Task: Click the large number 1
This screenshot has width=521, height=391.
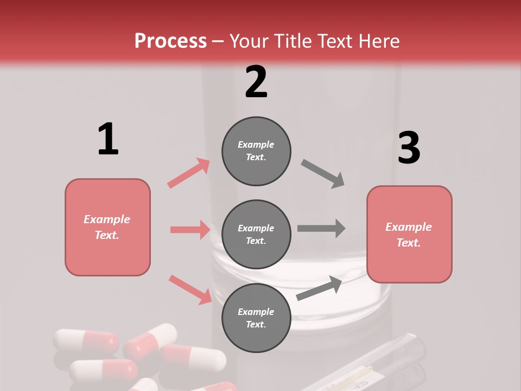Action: pyautogui.click(x=108, y=139)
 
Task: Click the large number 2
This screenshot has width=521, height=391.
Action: pyautogui.click(x=256, y=82)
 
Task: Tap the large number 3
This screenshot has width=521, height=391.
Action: pyautogui.click(x=409, y=148)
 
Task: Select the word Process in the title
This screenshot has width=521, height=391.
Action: pyautogui.click(x=170, y=41)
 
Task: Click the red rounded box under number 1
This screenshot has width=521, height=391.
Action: pyautogui.click(x=107, y=227)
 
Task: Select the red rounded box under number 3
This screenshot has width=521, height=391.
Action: pyautogui.click(x=409, y=234)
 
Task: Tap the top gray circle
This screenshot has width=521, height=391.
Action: pyautogui.click(x=256, y=151)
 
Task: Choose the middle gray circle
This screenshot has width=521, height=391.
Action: pyautogui.click(x=256, y=234)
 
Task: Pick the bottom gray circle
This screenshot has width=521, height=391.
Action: pyautogui.click(x=256, y=318)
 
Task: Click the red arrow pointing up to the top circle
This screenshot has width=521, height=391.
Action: pyautogui.click(x=189, y=173)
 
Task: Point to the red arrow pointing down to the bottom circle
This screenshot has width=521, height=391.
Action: pyautogui.click(x=190, y=289)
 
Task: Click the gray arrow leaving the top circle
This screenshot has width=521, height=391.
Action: pyautogui.click(x=323, y=174)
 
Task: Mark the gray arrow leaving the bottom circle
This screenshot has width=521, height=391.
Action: pyautogui.click(x=320, y=288)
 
